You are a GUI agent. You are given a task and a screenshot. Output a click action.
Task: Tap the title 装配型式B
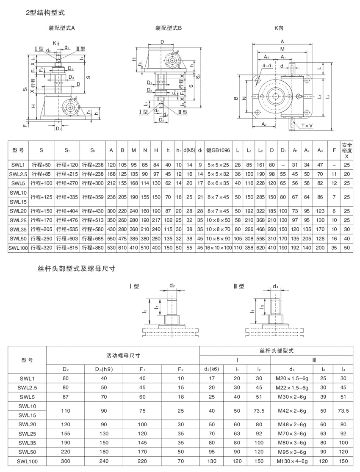[168, 28]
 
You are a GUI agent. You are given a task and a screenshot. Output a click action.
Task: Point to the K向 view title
[279, 28]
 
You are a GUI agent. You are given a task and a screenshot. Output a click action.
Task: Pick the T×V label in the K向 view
[307, 126]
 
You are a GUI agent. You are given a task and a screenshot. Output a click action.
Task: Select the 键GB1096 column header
[218, 150]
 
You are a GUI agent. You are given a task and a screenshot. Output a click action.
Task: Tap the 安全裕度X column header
[347, 150]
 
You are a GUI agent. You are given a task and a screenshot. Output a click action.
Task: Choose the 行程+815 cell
[67, 247]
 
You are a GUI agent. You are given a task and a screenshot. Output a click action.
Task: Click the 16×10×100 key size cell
[218, 247]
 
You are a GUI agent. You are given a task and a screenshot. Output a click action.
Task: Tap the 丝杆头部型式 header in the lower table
[276, 351]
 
